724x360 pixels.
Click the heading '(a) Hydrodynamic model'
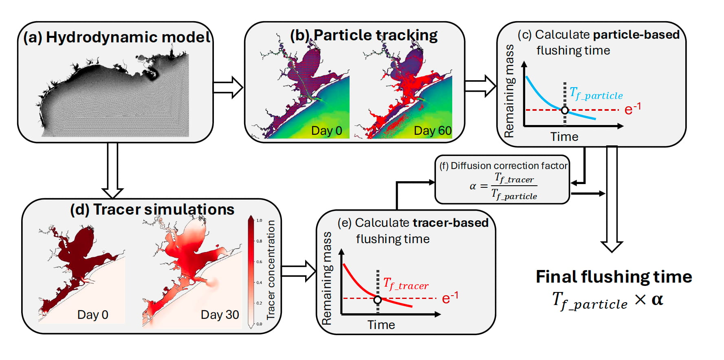point(117,37)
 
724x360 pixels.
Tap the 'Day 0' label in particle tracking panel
point(326,131)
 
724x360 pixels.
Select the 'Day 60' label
point(432,131)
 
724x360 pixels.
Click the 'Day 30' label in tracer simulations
point(220,315)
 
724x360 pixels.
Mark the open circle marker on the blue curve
point(565,110)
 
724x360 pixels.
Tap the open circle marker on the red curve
point(378,300)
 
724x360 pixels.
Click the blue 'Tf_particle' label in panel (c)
point(596,94)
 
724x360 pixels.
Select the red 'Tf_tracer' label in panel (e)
point(406,284)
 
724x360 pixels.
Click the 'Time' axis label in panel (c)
point(564,137)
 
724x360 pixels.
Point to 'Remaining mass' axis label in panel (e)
point(327,279)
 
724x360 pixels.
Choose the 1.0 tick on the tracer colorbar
point(259,220)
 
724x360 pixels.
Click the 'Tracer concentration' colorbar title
point(271,270)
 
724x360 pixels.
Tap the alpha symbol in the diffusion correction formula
point(473,187)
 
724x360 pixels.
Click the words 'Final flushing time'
point(614,277)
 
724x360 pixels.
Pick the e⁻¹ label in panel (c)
point(632,108)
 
